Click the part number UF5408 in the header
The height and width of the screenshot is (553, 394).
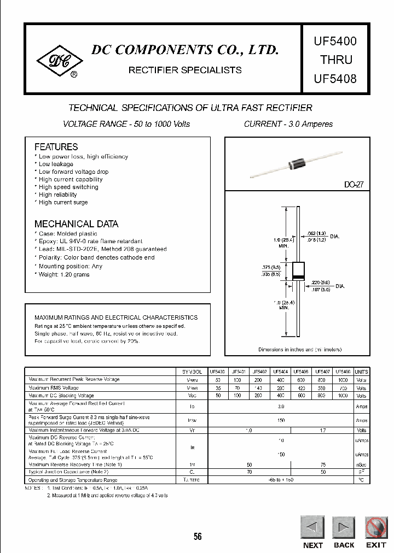pyautogui.click(x=335, y=78)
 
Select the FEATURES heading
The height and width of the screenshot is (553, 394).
pyautogui.click(x=56, y=147)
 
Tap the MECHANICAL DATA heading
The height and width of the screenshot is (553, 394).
pyautogui.click(x=76, y=224)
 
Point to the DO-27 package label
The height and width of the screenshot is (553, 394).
pyautogui.click(x=354, y=185)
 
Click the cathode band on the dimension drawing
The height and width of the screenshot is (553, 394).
pyautogui.click(x=298, y=278)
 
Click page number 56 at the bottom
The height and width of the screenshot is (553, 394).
pyautogui.click(x=198, y=537)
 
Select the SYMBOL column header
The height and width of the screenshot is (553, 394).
pyautogui.click(x=192, y=372)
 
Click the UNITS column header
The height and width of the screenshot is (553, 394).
pyautogui.click(x=361, y=372)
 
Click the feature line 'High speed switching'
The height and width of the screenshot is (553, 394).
pyautogui.click(x=68, y=187)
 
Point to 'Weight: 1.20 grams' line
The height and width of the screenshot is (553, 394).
pyautogui.click(x=64, y=274)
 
